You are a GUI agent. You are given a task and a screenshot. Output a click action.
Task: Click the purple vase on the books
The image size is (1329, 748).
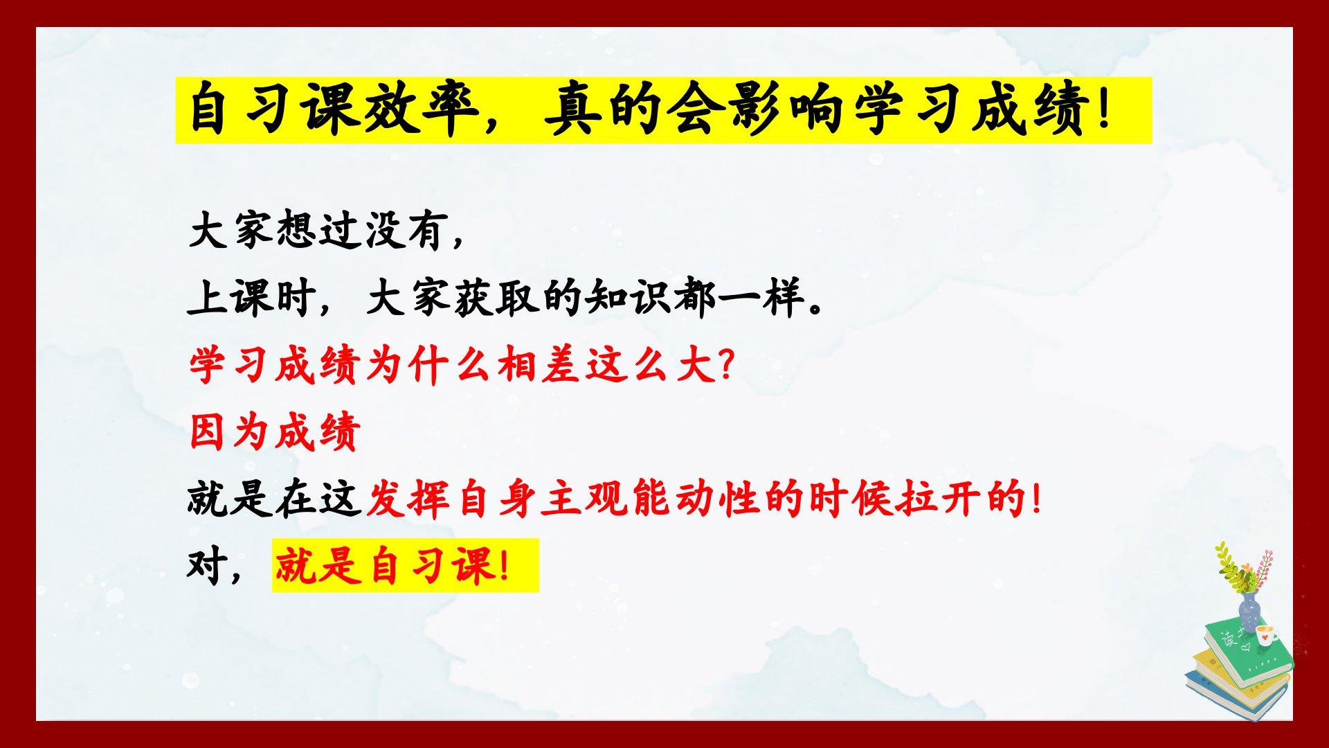point(1249,612)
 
